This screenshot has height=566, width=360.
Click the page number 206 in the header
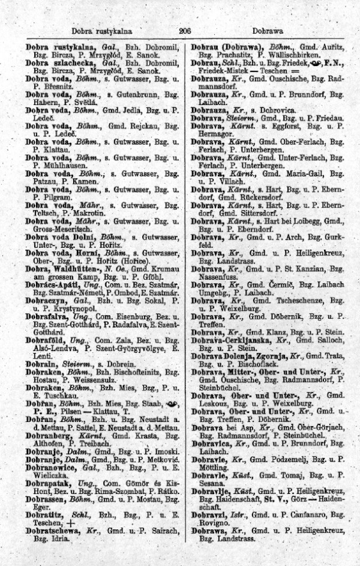[x=184, y=29]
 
